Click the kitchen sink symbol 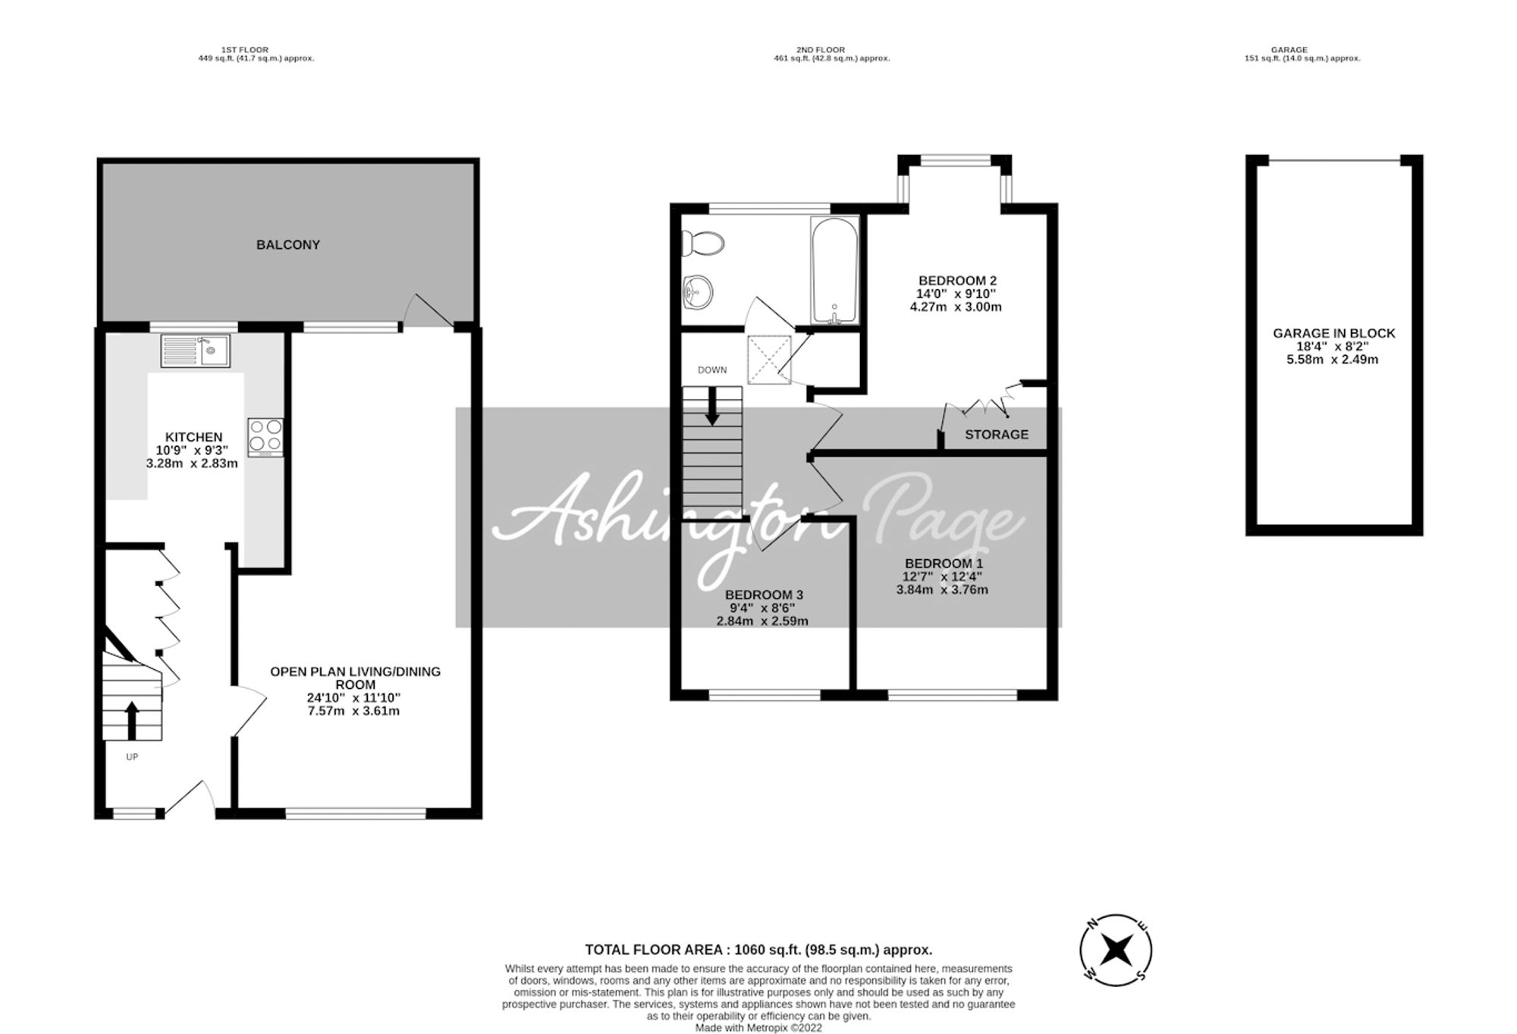coord(196,351)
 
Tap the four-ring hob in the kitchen coord(265,437)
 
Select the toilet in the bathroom coord(702,244)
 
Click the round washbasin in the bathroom coord(698,292)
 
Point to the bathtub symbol coord(834,270)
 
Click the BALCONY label coord(288,245)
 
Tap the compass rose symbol coord(1116,949)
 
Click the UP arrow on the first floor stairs coord(131,720)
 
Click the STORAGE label coord(997,435)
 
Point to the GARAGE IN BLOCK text coord(1333,333)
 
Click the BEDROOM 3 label coord(763,596)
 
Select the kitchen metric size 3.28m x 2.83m coord(193,464)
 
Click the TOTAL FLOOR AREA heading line coord(758,950)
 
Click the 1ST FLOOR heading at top coord(244,50)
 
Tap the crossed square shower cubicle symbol coord(769,357)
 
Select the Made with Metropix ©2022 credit coord(758,1028)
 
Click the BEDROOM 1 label coord(943,564)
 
